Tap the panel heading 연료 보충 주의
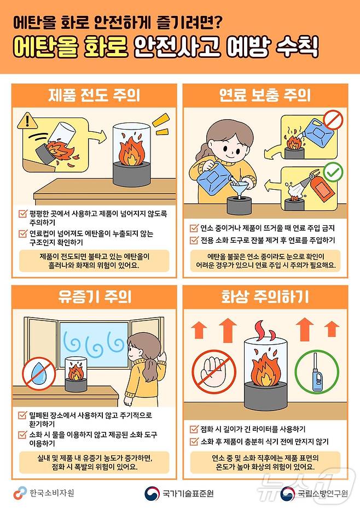(x=265, y=96)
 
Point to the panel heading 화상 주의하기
(x=265, y=296)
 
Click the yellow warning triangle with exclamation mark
(x=26, y=121)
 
